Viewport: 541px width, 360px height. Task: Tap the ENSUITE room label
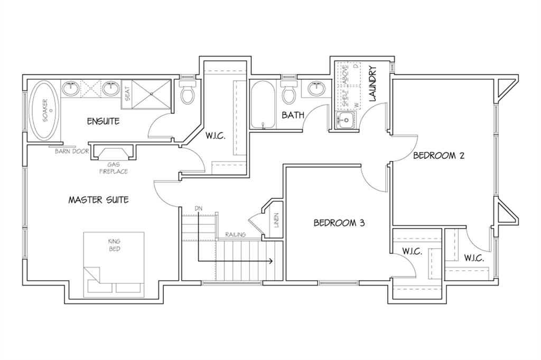(103, 121)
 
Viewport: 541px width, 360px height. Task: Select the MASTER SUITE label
(98, 200)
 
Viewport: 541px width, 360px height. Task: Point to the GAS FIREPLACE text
(114, 168)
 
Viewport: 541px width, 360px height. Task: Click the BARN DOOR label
(72, 151)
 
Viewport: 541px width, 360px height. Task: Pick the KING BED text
(114, 245)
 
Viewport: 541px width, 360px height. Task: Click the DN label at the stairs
(198, 209)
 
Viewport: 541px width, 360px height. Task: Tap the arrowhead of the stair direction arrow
(271, 261)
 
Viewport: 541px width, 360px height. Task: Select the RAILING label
(235, 234)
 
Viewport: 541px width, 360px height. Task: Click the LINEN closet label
(276, 220)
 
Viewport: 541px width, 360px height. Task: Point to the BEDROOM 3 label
(339, 223)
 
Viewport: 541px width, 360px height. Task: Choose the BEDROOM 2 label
(439, 156)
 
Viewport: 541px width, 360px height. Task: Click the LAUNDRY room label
(372, 84)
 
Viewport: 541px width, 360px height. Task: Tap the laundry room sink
(346, 121)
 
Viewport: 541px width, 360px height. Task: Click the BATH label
(293, 115)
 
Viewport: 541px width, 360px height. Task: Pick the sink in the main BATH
(316, 89)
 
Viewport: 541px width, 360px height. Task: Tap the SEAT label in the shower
(127, 93)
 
